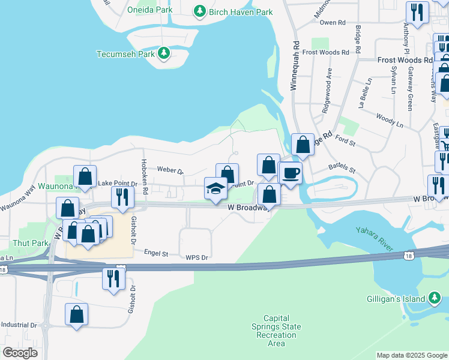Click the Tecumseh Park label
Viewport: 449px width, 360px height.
125,54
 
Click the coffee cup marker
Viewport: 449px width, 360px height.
291,173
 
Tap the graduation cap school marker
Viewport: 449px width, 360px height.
216,188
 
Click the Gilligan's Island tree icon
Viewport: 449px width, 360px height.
435,298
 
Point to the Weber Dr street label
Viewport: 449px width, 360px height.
169,171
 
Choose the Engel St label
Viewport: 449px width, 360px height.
156,253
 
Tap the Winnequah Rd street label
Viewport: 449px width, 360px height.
295,66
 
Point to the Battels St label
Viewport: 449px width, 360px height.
342,170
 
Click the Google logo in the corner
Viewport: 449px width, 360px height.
20,353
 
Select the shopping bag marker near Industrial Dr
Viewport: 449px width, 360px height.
76,314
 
